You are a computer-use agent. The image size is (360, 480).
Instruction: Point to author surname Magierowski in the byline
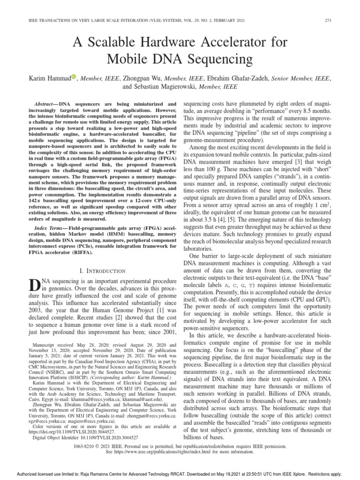[174, 87]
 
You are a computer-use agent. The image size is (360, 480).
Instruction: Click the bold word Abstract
[45, 103]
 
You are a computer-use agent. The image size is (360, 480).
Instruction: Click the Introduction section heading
[103, 271]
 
